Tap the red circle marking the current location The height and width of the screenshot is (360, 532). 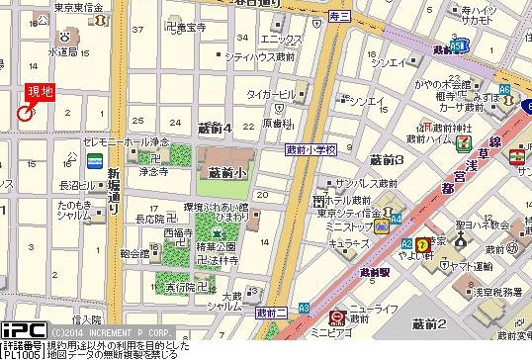tap(24, 114)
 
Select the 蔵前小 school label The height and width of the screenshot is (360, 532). tap(226, 171)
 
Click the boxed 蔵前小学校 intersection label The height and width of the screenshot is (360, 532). tap(311, 149)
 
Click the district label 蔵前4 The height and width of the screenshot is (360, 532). tap(215, 129)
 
